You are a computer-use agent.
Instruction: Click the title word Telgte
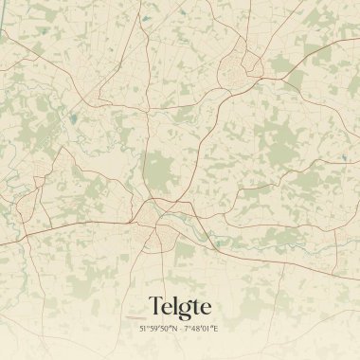click(179, 307)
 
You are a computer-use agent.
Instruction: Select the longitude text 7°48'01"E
click(201, 329)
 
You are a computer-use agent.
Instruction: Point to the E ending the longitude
click(215, 329)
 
